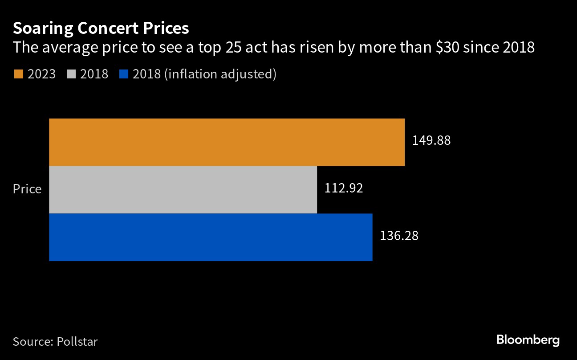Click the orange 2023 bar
click(227, 142)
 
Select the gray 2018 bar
click(183, 189)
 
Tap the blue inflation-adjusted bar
click(211, 237)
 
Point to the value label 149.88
click(431, 141)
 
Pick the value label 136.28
click(399, 236)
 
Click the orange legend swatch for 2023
click(18, 74)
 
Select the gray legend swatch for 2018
click(71, 74)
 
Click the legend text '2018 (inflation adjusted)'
click(204, 74)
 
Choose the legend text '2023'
click(41, 74)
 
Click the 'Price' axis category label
click(27, 189)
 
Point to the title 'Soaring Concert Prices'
click(101, 29)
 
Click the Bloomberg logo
click(528, 340)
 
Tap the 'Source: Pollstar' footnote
click(55, 342)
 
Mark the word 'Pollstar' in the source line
click(77, 342)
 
